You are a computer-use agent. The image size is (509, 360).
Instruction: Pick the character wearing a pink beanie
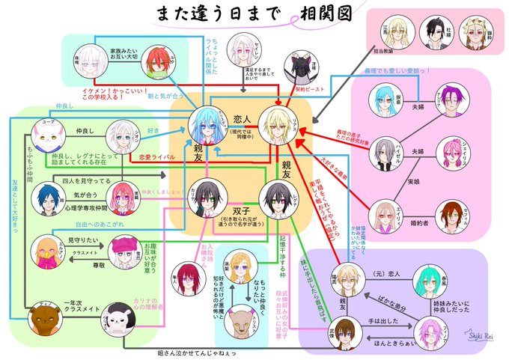click(123, 251)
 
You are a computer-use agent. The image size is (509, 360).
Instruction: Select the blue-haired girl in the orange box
click(204, 120)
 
